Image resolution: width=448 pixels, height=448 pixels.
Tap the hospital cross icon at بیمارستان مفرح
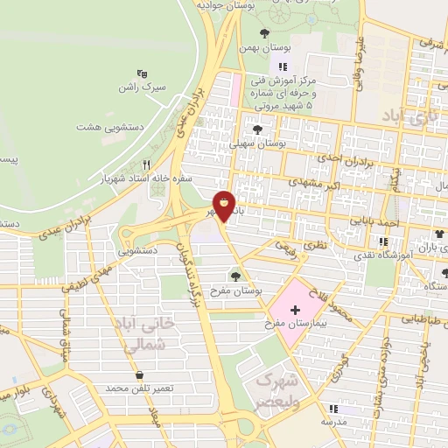(x=295, y=310)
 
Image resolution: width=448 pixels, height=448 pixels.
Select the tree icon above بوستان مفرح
(x=235, y=276)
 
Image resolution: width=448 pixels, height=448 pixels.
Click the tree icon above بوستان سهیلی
(x=258, y=128)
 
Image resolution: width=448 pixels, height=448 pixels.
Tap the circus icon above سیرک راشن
(x=142, y=74)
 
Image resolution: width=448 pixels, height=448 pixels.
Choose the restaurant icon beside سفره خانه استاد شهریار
(x=147, y=164)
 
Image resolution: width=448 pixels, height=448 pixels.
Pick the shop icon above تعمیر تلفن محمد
(x=139, y=375)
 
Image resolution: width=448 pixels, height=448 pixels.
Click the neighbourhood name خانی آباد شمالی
(x=146, y=334)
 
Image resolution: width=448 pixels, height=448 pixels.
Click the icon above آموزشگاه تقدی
(x=382, y=242)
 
